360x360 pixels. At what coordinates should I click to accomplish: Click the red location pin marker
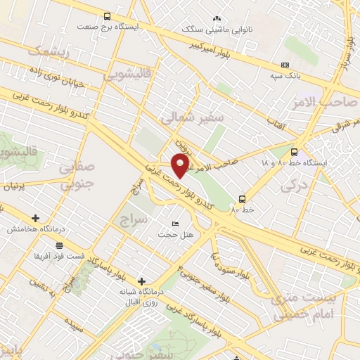coord(181,165)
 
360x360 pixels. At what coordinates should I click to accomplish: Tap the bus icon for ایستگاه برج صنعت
coord(107,16)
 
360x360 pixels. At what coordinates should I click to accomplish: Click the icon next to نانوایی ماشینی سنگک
coord(216,19)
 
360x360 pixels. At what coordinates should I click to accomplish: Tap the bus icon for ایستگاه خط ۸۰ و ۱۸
coord(294,152)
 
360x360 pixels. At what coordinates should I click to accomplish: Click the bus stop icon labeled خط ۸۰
coord(242,199)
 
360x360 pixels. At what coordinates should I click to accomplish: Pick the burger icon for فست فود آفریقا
coord(59,245)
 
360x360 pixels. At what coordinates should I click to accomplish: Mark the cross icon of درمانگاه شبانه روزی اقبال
coord(143,281)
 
